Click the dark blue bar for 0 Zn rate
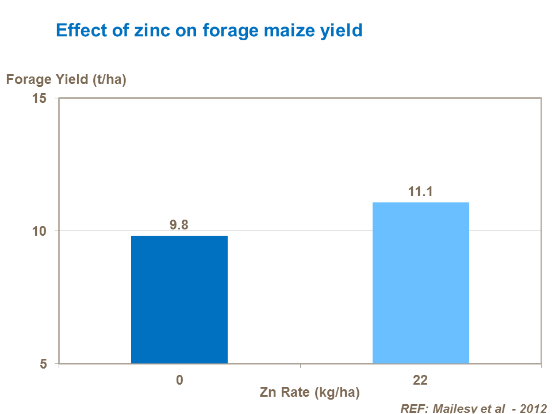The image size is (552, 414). coord(179,300)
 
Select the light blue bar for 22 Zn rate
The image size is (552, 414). coord(421,283)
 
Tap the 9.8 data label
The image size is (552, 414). coord(179,225)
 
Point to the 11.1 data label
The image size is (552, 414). coord(420,192)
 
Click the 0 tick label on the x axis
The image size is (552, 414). coord(179,381)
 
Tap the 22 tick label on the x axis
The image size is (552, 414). coord(420,381)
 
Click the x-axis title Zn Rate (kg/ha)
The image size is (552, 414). coord(310,393)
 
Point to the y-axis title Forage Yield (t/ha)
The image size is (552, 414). coord(66,79)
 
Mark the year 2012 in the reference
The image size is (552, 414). coord(533,408)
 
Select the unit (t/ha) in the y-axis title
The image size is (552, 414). coord(109,79)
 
